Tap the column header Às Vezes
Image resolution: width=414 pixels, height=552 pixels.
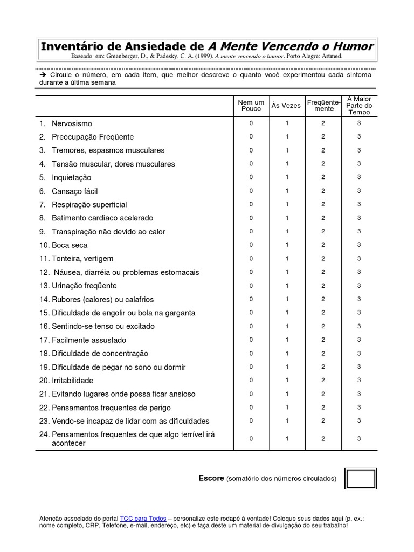point(286,106)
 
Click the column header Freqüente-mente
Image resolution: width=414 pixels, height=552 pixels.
point(323,105)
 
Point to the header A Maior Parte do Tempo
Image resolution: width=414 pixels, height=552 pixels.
point(359,106)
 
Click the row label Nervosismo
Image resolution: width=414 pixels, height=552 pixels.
point(72,123)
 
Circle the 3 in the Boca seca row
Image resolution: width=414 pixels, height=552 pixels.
point(359,245)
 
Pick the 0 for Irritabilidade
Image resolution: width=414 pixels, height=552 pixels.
point(251,380)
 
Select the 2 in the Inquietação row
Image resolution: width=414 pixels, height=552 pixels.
point(323,177)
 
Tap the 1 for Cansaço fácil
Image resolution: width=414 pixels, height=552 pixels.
point(287,191)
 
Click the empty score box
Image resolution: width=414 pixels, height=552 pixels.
point(360,478)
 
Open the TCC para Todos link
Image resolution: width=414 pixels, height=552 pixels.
point(143,517)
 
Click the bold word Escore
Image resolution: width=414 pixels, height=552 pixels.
point(211,478)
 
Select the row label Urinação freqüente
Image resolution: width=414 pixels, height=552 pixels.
point(84,286)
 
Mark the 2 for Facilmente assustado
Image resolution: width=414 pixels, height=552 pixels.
point(323,340)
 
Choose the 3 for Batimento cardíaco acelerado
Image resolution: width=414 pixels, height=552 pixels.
point(359,218)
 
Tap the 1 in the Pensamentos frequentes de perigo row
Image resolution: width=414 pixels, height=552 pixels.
point(287,407)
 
